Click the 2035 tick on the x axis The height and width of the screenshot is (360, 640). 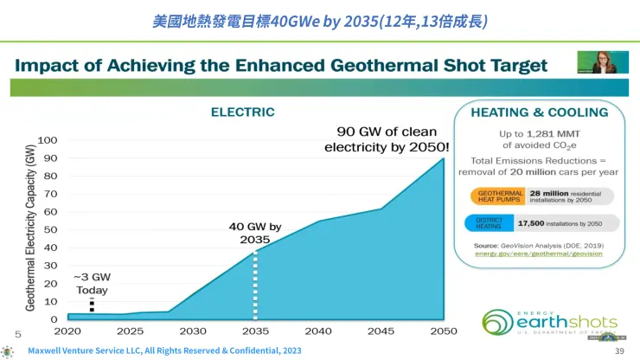254,331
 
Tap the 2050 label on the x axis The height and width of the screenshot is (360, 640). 444,331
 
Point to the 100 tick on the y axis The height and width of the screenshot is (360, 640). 48,140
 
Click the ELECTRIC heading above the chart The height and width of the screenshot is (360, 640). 243,112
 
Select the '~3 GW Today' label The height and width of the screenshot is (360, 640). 93,283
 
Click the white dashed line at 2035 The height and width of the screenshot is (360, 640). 254,286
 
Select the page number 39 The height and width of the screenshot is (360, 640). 618,350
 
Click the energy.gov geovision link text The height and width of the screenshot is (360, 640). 539,254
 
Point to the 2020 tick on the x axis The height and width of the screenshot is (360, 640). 67,331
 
